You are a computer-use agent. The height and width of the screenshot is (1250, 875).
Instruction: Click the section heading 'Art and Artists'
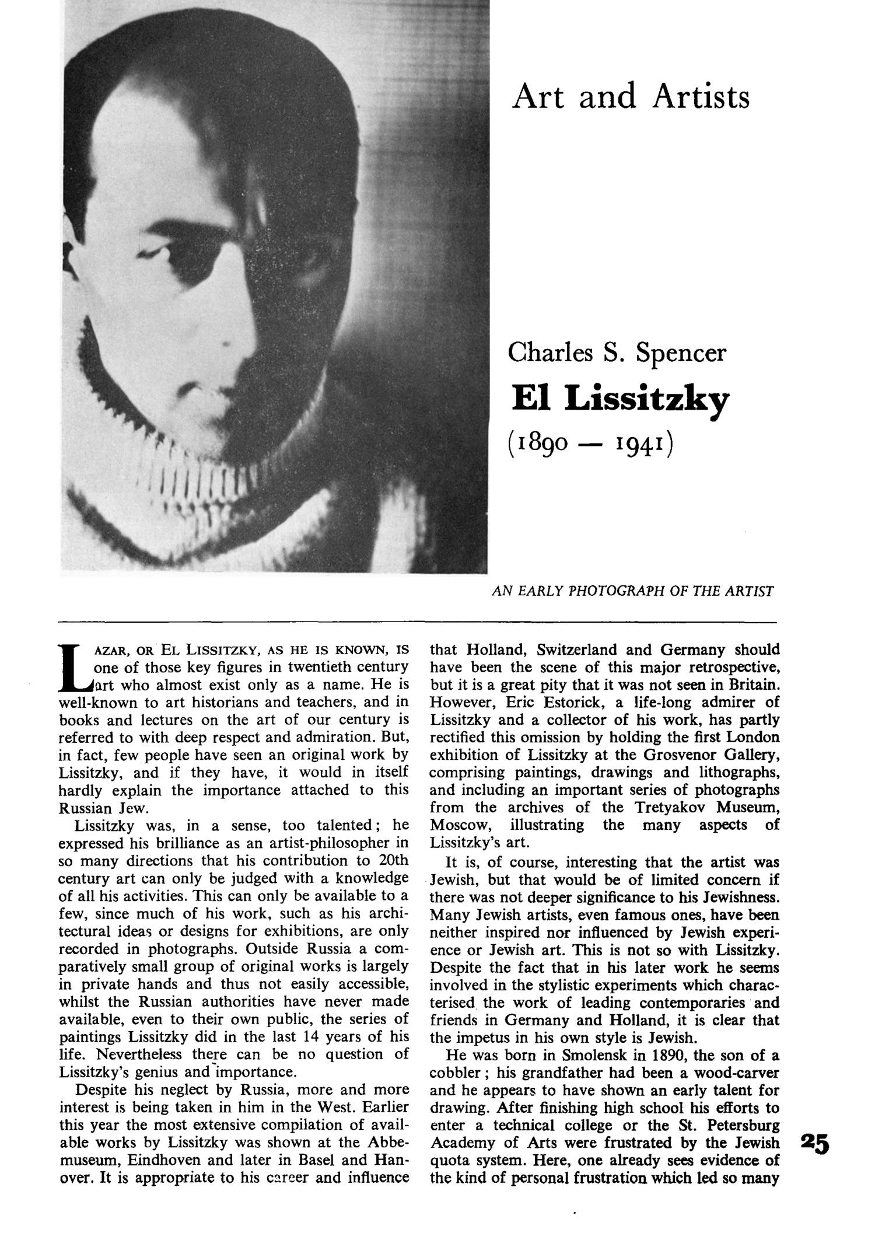(631, 97)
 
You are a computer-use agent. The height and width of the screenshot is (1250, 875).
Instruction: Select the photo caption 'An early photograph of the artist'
(632, 591)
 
